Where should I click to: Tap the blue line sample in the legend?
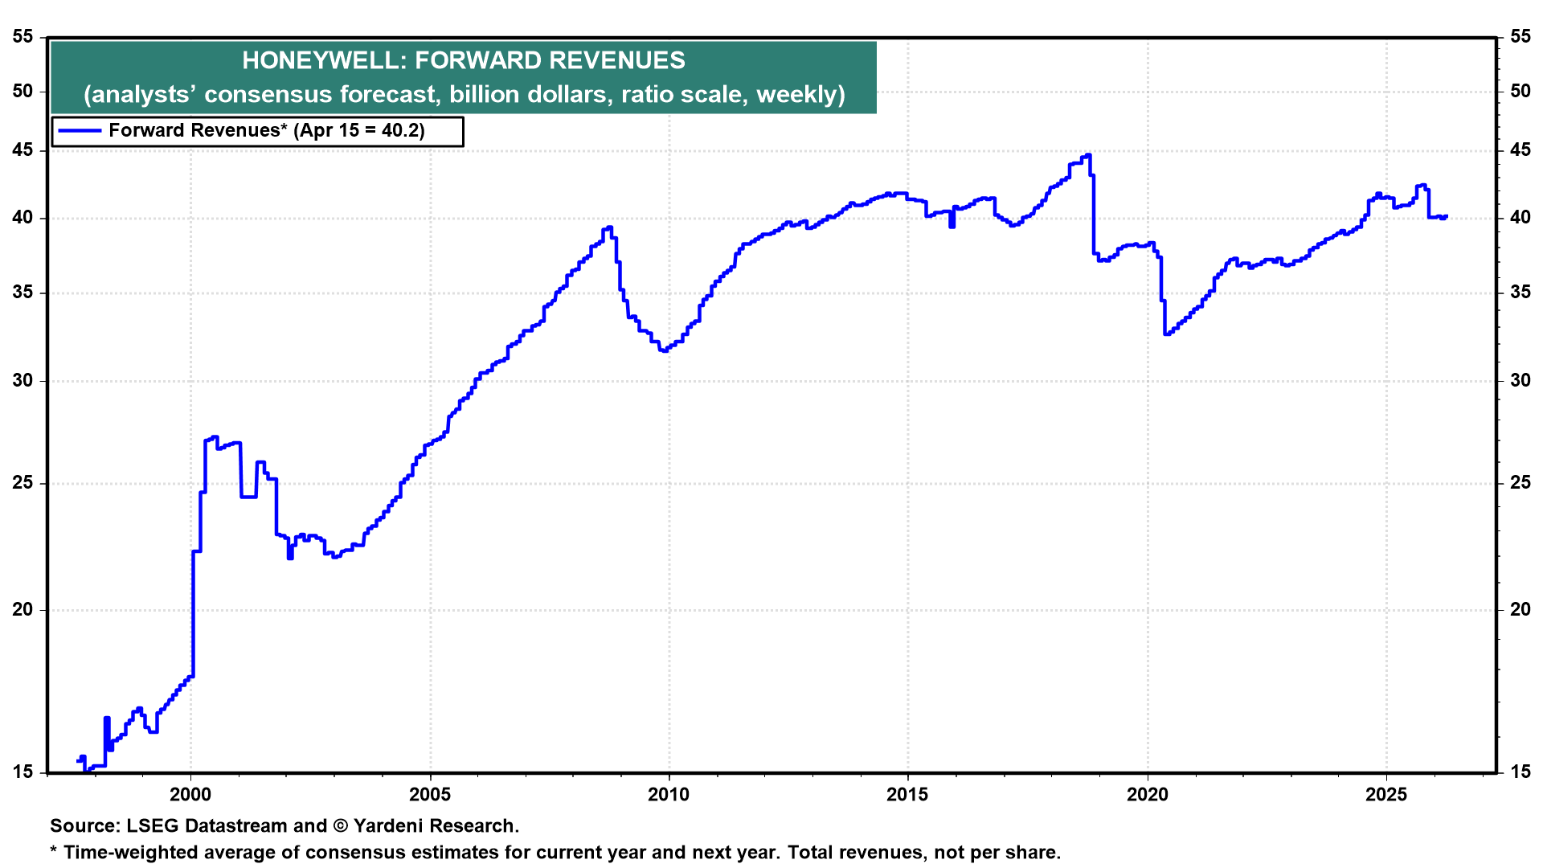[79, 131]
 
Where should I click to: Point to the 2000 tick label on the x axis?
[190, 795]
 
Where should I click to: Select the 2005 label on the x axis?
[430, 795]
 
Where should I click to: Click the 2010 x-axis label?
[669, 795]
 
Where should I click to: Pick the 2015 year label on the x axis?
[908, 795]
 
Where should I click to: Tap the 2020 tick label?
[1148, 795]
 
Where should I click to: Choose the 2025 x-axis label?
[1387, 795]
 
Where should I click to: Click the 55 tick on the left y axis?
[23, 36]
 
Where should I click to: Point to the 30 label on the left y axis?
[23, 380]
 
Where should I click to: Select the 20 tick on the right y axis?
[1520, 609]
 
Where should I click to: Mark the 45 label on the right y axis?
[1520, 150]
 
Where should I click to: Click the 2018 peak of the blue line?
[1088, 155]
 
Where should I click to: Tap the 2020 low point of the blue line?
[1166, 334]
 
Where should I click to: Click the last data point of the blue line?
[1446, 216]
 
